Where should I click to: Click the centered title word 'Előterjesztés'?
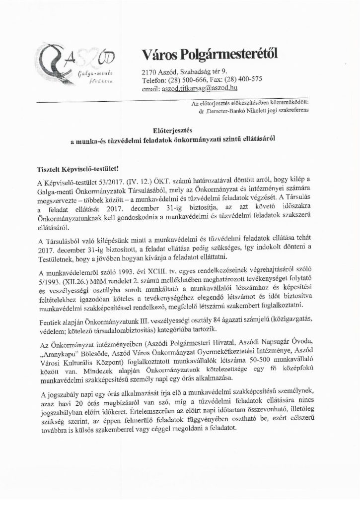[x=179, y=131]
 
